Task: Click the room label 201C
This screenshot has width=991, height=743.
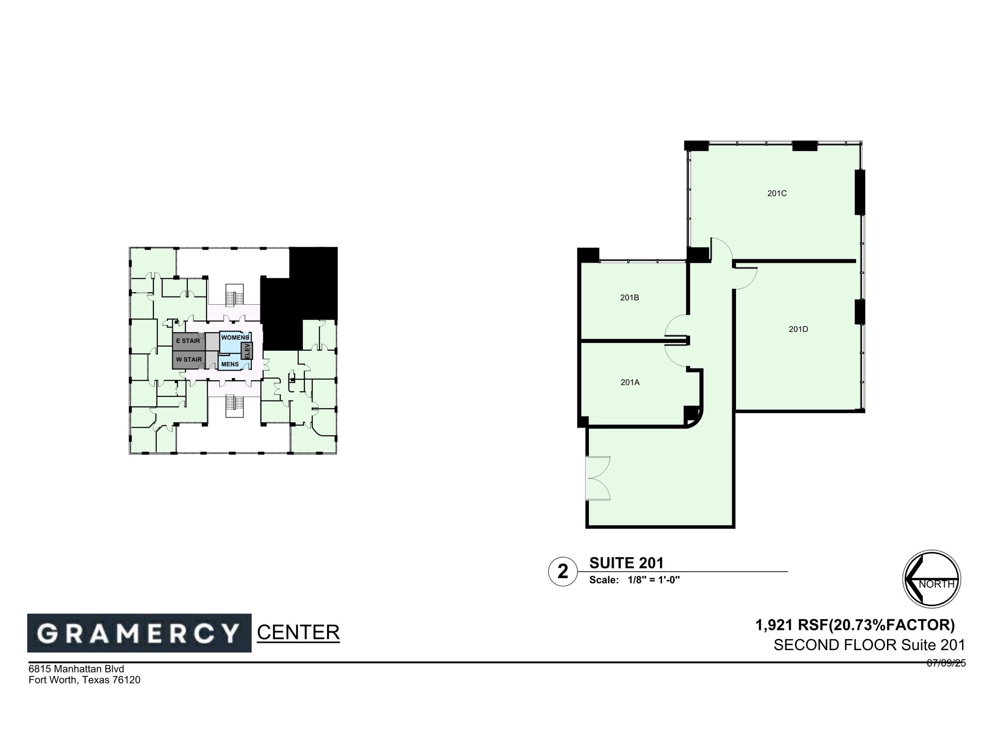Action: click(777, 193)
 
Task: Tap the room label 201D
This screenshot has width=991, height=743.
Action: click(798, 329)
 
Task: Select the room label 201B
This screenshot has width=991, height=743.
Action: click(630, 298)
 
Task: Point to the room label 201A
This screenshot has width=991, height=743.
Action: click(630, 383)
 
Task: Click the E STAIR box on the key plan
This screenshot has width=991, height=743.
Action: click(188, 341)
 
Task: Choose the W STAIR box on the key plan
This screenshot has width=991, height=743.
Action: click(189, 360)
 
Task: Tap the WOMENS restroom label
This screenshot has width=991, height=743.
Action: click(234, 338)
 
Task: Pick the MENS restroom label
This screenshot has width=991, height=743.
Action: click(230, 364)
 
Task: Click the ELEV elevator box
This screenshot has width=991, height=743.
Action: click(247, 351)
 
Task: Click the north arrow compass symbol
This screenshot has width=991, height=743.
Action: click(931, 579)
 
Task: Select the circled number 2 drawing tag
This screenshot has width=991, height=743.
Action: click(563, 572)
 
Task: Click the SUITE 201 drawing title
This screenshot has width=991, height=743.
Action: click(626, 563)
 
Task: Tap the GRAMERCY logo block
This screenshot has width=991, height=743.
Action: click(139, 633)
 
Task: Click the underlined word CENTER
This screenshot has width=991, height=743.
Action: click(298, 633)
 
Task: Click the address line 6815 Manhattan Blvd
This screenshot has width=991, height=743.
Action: click(76, 669)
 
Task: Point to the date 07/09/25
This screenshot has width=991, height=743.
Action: click(946, 664)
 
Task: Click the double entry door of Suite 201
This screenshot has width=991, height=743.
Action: click(597, 478)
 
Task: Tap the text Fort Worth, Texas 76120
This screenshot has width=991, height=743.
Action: click(84, 680)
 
